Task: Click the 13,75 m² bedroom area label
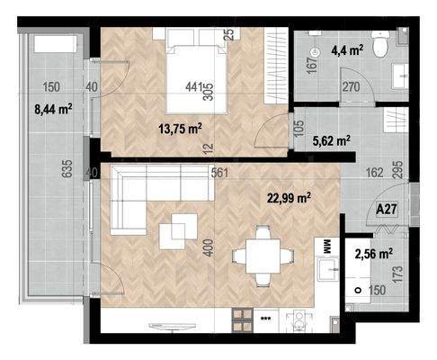(x=180, y=130)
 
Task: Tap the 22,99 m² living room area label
(x=289, y=198)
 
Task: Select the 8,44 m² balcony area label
(x=53, y=109)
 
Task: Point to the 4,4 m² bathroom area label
(x=347, y=50)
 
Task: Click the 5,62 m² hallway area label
(x=332, y=140)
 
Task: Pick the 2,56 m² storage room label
(x=374, y=255)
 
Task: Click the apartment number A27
(x=387, y=209)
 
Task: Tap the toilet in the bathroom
(x=380, y=44)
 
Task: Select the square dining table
(x=263, y=256)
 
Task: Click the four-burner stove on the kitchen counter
(x=242, y=320)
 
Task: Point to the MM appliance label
(x=326, y=247)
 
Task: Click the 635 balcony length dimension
(x=68, y=168)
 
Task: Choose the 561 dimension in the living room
(x=219, y=173)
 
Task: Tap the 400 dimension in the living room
(x=209, y=247)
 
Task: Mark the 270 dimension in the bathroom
(x=351, y=87)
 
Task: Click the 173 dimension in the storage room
(x=397, y=274)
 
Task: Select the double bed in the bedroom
(x=196, y=71)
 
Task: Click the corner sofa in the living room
(x=163, y=199)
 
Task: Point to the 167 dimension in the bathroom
(x=312, y=65)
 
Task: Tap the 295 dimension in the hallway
(x=399, y=170)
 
